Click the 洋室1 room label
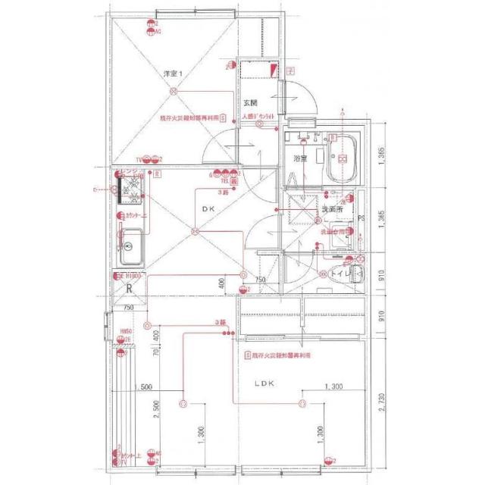click(x=175, y=74)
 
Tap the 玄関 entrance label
click(x=251, y=102)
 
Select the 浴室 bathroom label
click(x=300, y=158)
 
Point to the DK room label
click(x=209, y=210)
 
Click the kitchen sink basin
click(x=130, y=246)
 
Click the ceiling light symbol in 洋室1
click(x=174, y=92)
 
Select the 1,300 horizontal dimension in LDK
click(x=335, y=387)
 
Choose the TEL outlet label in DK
click(x=225, y=182)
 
